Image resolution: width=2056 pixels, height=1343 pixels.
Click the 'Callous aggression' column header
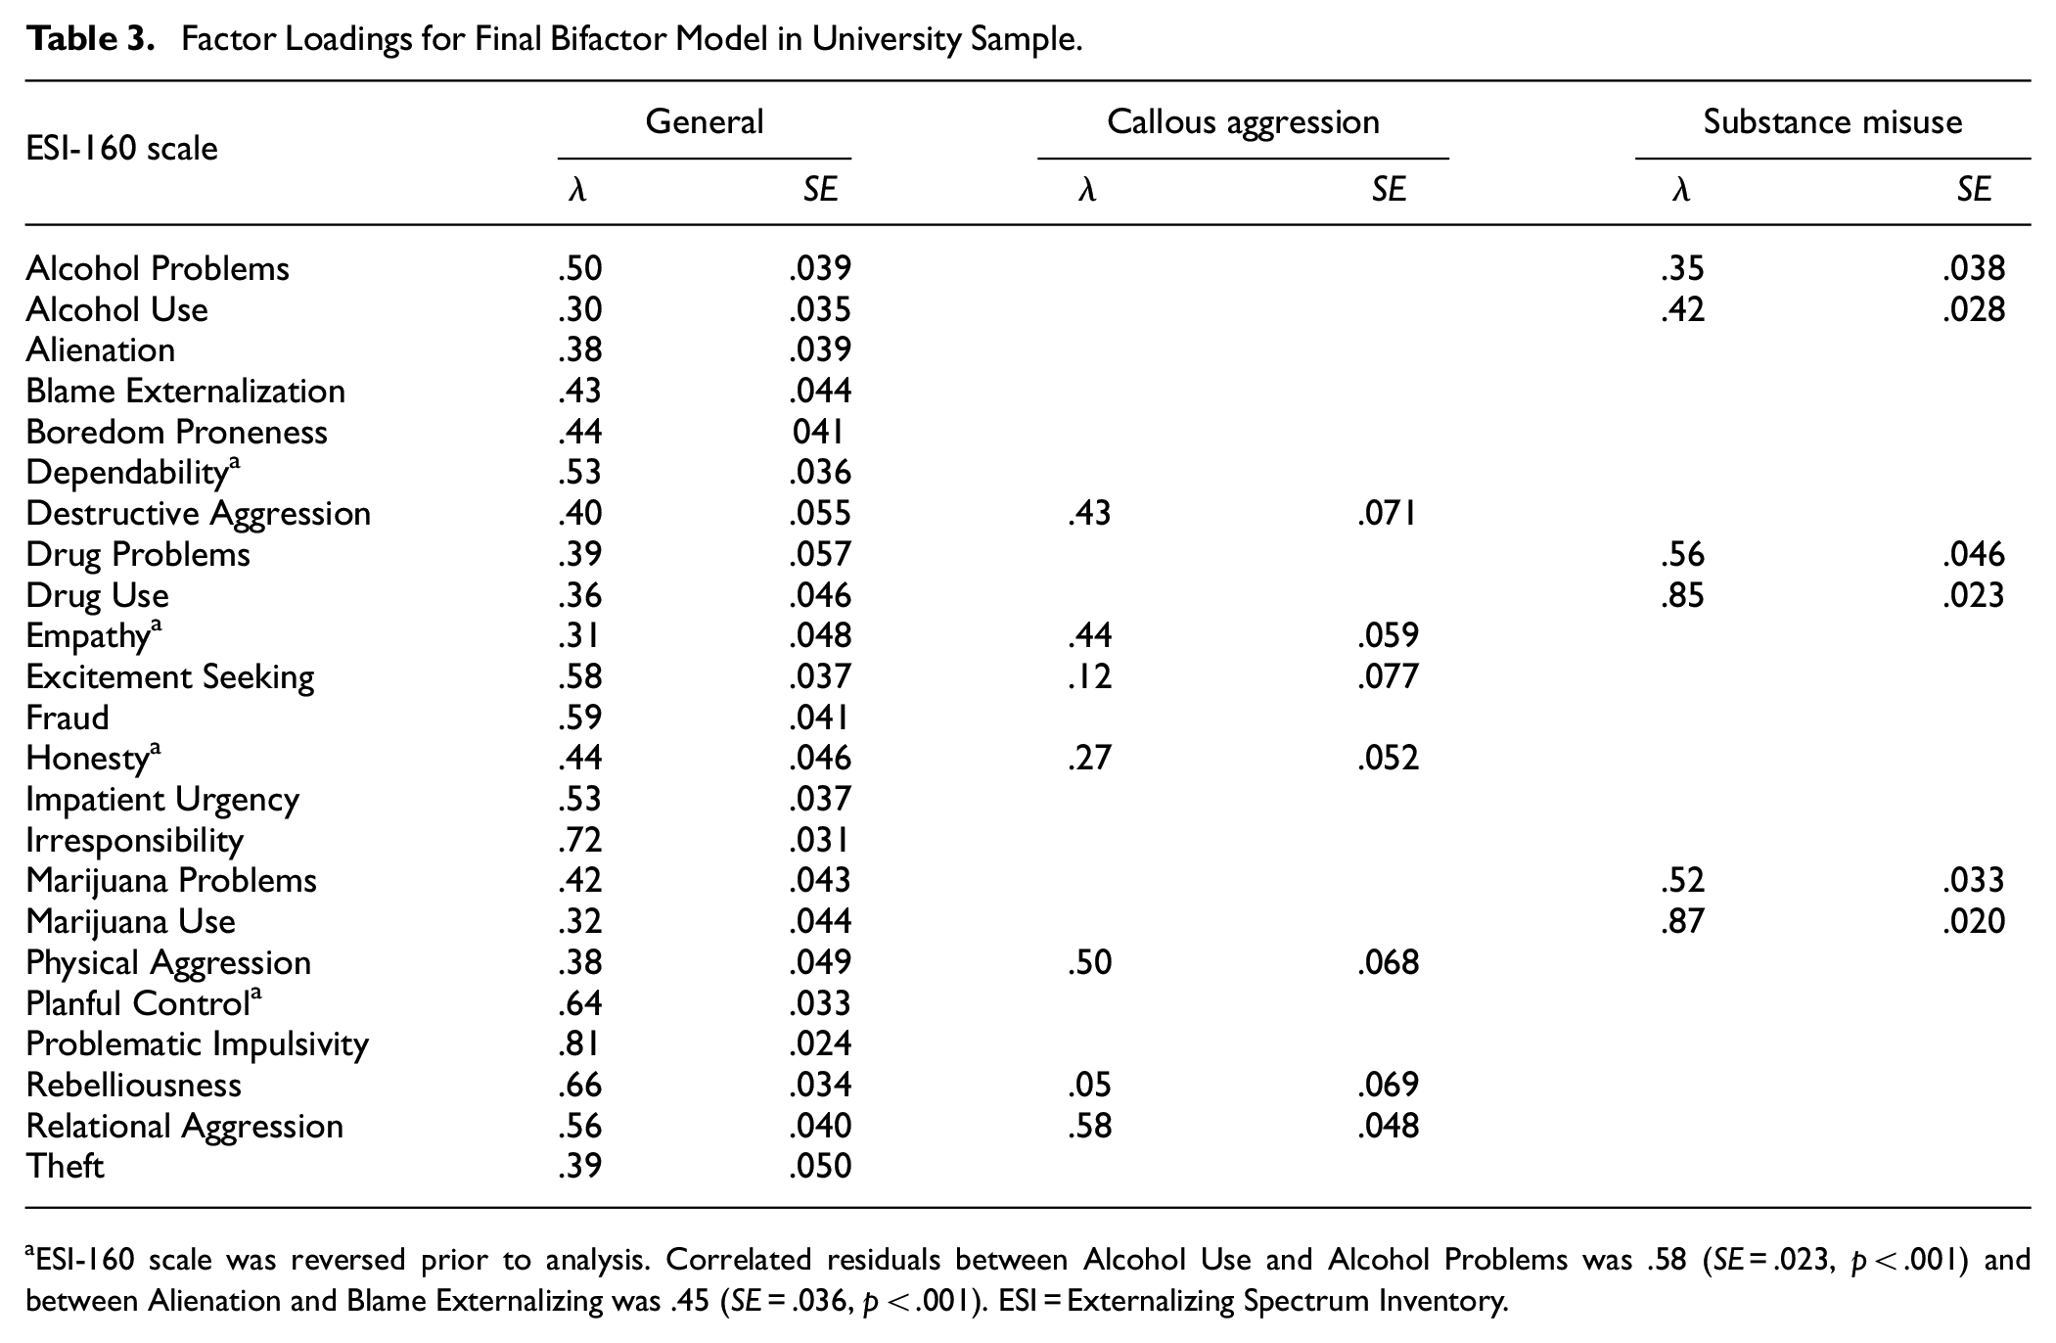tap(1243, 122)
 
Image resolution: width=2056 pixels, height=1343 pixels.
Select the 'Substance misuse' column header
tap(1832, 121)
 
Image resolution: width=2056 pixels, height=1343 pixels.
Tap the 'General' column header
tap(704, 121)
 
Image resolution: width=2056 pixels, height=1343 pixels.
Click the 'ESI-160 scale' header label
tap(122, 149)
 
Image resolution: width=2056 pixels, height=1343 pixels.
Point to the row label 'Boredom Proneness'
tap(177, 432)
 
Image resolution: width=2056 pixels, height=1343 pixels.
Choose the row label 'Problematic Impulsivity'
tap(198, 1044)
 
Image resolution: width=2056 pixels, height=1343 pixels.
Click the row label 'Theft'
tap(66, 1166)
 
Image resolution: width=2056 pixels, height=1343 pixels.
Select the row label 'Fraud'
tap(68, 718)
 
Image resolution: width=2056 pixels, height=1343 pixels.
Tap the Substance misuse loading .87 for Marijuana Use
tap(1682, 921)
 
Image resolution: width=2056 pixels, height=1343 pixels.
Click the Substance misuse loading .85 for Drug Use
tap(1682, 595)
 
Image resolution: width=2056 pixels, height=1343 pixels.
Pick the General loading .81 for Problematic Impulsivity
tap(579, 1043)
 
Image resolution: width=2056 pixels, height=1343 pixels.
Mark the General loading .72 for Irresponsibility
tap(579, 840)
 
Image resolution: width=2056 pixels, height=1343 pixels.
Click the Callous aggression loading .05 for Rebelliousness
tap(1090, 1085)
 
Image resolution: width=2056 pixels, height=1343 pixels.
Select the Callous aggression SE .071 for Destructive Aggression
tap(1388, 513)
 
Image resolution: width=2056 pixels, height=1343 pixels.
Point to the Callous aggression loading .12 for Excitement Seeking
tap(1090, 676)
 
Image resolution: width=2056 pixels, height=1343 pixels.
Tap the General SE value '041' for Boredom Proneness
tap(818, 432)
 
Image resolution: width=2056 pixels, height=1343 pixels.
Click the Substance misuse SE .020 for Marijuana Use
tap(1974, 921)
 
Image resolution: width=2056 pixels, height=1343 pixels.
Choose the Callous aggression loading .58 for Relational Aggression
tap(1090, 1126)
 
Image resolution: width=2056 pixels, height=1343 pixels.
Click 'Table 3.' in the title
tap(91, 39)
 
